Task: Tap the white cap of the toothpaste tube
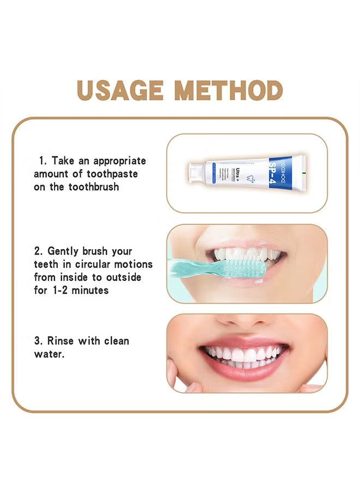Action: [x=194, y=173]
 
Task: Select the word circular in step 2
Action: [x=97, y=264]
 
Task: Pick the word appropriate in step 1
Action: [x=119, y=161]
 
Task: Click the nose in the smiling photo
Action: [x=245, y=321]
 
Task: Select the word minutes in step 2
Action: [x=88, y=290]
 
